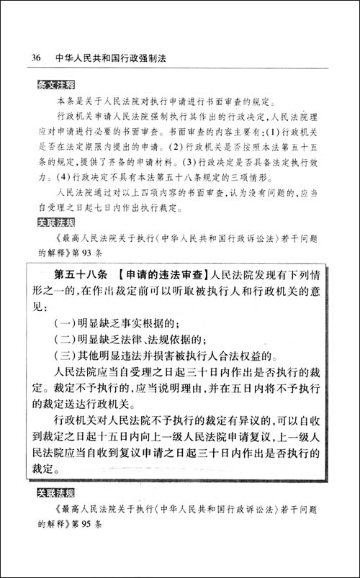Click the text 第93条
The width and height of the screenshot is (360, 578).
87,253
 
